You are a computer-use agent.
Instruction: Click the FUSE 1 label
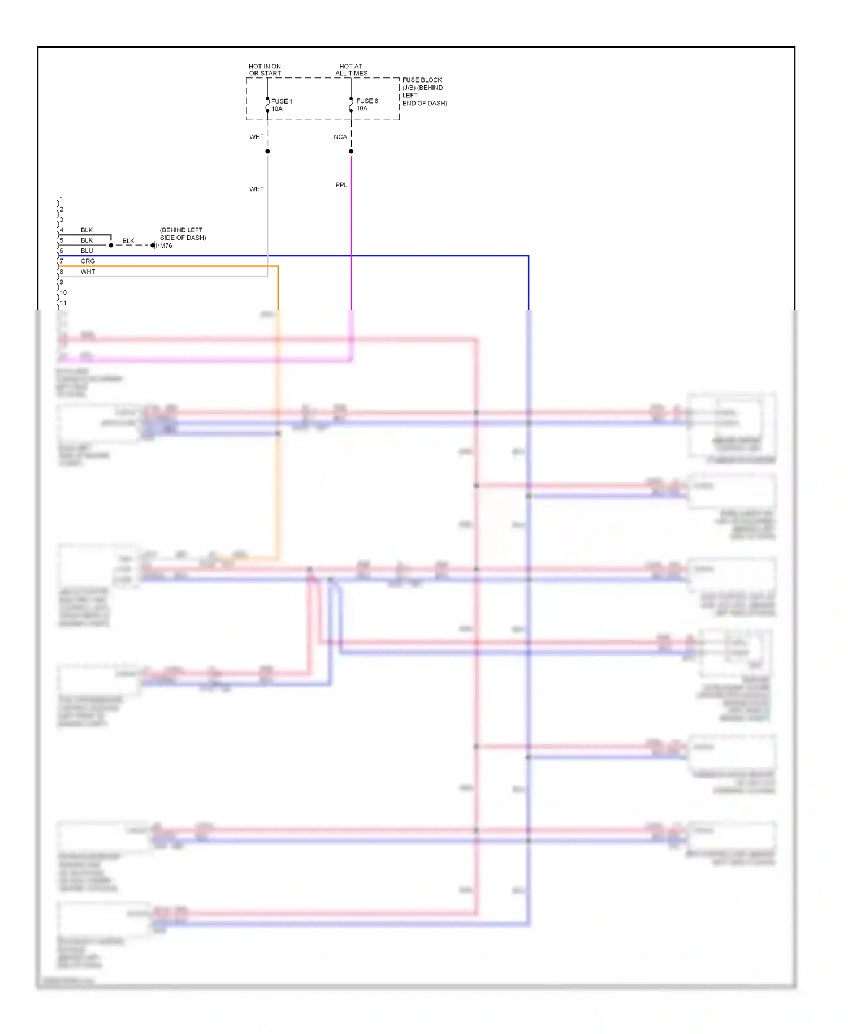[x=282, y=101]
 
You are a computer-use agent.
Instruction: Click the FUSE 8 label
[x=367, y=101]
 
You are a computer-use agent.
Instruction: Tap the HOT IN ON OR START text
[x=265, y=70]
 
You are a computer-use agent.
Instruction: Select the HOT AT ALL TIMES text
[x=351, y=70]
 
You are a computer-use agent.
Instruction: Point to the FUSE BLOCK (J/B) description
[x=424, y=92]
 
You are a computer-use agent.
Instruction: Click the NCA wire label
[x=340, y=137]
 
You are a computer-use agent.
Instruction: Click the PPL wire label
[x=341, y=185]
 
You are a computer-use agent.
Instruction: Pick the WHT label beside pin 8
[x=88, y=272]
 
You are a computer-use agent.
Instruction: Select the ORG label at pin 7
[x=88, y=261]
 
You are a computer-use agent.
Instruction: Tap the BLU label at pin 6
[x=86, y=251]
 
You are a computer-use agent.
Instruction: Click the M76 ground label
[x=166, y=245]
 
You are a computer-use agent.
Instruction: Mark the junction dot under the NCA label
[x=351, y=152]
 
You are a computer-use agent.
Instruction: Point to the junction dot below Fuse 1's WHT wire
[x=267, y=152]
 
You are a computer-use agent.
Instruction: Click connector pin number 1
[x=62, y=199]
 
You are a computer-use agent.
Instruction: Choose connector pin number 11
[x=63, y=303]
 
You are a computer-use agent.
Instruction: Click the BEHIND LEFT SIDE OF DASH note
[x=183, y=234]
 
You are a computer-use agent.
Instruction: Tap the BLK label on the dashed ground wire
[x=128, y=241]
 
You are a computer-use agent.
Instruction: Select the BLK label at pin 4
[x=86, y=230]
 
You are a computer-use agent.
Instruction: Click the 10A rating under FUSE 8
[x=362, y=109]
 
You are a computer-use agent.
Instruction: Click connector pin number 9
[x=62, y=282]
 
